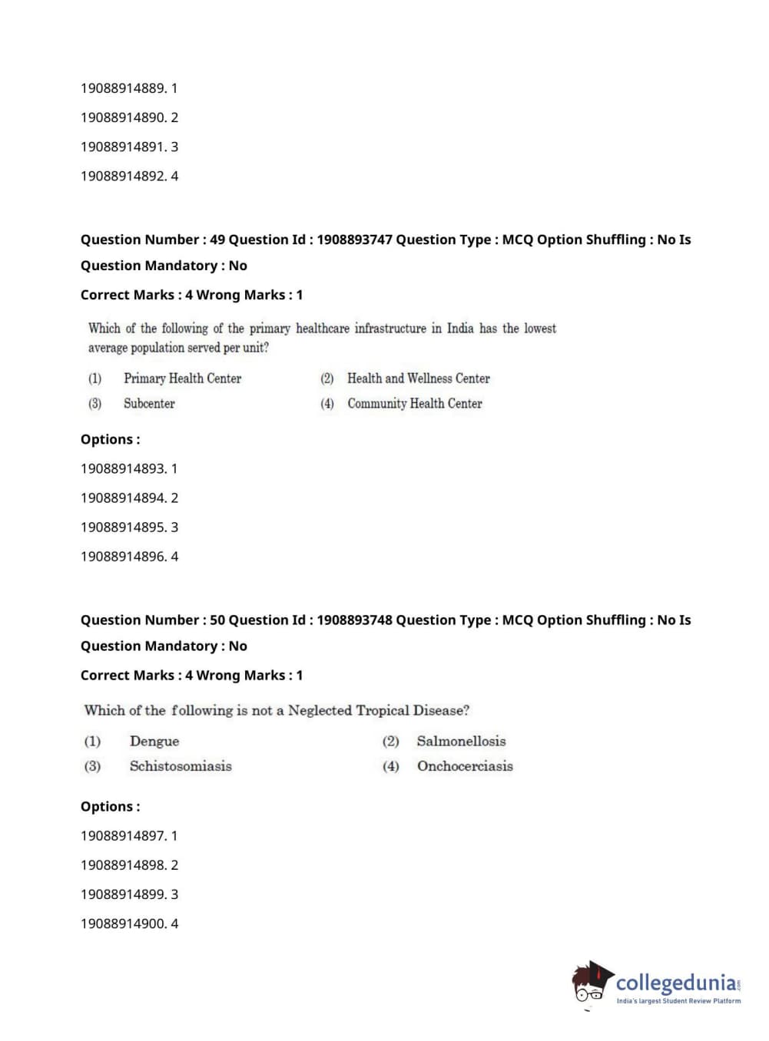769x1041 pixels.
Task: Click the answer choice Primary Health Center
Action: (x=182, y=378)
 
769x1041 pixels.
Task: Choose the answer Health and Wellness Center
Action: (x=418, y=378)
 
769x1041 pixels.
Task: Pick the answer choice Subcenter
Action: (x=149, y=404)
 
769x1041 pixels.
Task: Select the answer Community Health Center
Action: (x=414, y=404)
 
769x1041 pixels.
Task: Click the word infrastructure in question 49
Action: (x=390, y=329)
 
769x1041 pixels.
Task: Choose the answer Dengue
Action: (x=154, y=742)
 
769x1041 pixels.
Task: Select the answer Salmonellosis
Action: (x=461, y=742)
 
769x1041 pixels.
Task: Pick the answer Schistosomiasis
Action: (x=181, y=766)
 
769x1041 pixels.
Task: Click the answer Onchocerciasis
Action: (x=465, y=766)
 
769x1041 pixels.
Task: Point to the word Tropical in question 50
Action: (x=382, y=711)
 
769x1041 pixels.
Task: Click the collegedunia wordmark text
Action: (x=676, y=983)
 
